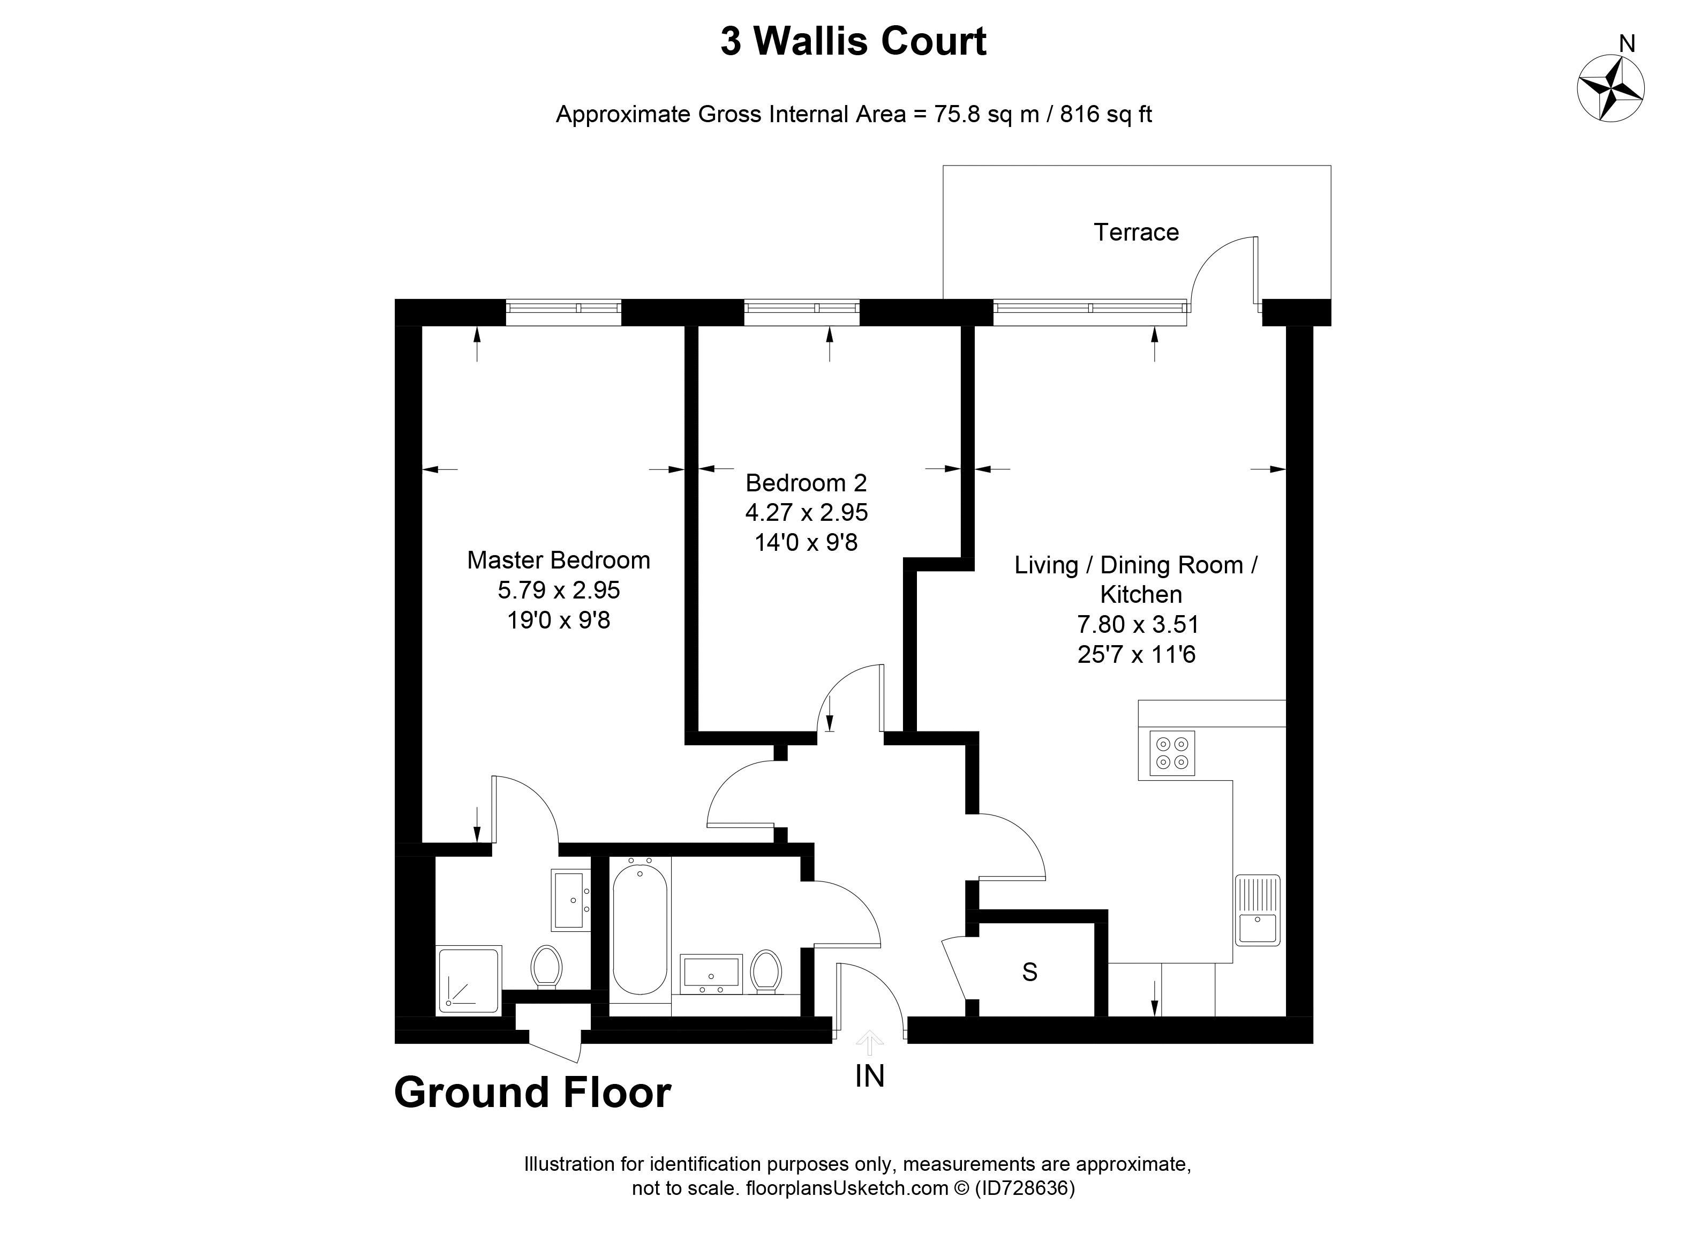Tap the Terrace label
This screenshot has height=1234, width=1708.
click(x=1135, y=232)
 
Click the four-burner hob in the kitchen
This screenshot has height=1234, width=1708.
click(x=1172, y=753)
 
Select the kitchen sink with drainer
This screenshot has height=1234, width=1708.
click(x=1257, y=909)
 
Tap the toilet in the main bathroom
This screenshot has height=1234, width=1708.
click(x=766, y=971)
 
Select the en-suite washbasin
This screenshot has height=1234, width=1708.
click(x=571, y=900)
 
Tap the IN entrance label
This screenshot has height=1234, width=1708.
click(x=869, y=1076)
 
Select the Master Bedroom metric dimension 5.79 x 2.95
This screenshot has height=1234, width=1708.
click(x=558, y=590)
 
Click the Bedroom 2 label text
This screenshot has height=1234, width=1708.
click(x=806, y=482)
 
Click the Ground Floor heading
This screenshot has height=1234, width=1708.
click(x=532, y=1093)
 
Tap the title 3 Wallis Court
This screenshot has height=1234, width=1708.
click(x=853, y=41)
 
